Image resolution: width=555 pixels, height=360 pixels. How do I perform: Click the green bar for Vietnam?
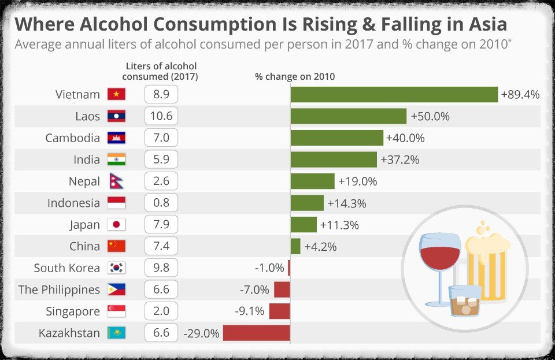tap(394, 95)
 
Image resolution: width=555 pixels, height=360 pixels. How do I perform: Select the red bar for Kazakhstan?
tap(256, 333)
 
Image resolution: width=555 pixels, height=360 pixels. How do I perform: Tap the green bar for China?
tap(295, 246)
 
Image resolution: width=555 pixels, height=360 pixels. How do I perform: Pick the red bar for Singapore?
tap(279, 311)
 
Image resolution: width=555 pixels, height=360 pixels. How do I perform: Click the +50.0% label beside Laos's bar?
tap(430, 116)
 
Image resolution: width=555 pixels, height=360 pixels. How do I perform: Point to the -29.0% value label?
tap(201, 333)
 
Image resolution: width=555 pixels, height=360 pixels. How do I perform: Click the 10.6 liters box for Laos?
tap(161, 116)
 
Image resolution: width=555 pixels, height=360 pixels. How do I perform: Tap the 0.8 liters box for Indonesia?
tap(161, 203)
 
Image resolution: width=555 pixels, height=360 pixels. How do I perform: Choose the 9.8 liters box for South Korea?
tap(161, 268)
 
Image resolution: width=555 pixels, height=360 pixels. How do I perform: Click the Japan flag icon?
tap(116, 225)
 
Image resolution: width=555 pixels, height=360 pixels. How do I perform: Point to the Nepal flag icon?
tap(115, 181)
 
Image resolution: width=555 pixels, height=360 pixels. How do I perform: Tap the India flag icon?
tap(116, 159)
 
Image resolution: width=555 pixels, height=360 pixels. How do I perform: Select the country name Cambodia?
tap(73, 138)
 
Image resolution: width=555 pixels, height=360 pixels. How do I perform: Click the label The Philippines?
tap(59, 290)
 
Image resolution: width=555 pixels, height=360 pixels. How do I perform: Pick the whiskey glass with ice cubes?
tap(465, 300)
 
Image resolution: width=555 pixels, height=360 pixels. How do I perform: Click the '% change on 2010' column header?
tap(295, 76)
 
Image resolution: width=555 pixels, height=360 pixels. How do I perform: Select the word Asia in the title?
tap(482, 24)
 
